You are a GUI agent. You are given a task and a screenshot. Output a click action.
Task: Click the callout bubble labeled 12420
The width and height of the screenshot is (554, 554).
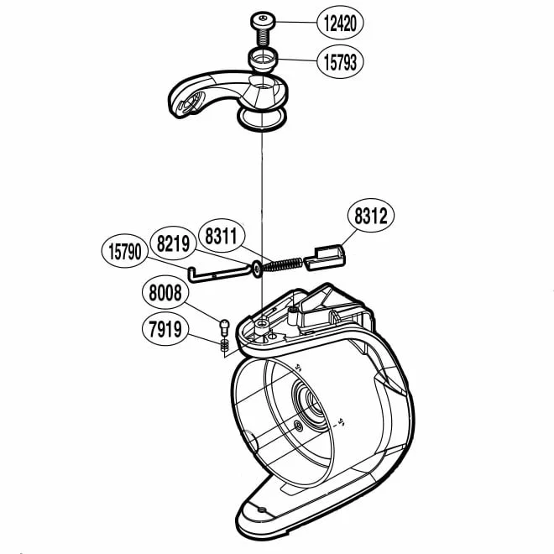340,24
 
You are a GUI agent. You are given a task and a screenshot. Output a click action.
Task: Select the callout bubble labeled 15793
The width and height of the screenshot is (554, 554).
340,62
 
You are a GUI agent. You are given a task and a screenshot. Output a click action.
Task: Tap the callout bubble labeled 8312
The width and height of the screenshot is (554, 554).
371,215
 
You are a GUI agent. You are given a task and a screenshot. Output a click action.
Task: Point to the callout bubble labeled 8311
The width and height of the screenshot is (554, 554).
221,236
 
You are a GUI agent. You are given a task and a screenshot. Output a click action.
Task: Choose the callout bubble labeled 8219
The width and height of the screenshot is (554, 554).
173,243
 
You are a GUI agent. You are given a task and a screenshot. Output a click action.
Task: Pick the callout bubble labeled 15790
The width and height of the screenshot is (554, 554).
125,251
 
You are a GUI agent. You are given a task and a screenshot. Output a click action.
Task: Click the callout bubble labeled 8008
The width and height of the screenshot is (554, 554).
165,293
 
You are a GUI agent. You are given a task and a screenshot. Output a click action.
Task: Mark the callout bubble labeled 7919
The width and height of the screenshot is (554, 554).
165,329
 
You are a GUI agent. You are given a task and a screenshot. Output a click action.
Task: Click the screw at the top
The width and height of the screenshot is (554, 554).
263,29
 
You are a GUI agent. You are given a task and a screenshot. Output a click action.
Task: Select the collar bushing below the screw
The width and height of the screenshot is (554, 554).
262,60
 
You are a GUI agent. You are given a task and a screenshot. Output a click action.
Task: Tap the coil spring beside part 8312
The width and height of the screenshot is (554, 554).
282,264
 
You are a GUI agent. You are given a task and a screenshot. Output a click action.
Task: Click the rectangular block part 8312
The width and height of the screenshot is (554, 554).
325,258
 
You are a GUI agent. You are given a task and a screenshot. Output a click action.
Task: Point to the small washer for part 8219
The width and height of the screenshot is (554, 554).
257,269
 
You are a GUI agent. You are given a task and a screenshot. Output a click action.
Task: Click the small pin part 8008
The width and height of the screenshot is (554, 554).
225,327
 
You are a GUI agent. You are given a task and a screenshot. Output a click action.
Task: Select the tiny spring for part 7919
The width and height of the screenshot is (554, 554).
224,344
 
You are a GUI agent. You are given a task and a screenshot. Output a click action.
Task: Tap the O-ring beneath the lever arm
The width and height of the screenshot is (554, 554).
262,119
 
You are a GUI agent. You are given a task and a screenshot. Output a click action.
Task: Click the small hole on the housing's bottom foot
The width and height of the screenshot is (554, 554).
261,510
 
